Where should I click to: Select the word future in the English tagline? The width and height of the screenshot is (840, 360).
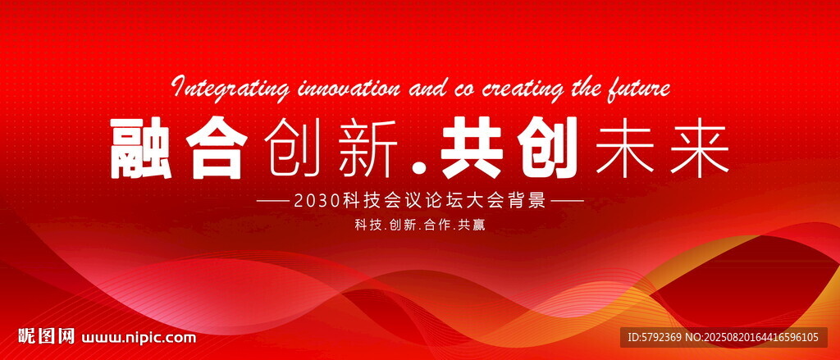pyautogui.click(x=639, y=88)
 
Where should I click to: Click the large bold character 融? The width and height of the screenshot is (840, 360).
pyautogui.click(x=141, y=148)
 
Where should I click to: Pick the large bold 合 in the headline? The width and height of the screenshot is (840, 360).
pyautogui.click(x=217, y=148)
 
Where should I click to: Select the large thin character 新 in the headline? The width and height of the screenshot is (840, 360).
pyautogui.click(x=368, y=148)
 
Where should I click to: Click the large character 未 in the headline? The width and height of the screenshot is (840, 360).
pyautogui.click(x=624, y=148)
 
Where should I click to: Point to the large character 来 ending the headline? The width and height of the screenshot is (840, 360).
pyautogui.click(x=700, y=148)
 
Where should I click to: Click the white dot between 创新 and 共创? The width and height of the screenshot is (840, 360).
pyautogui.click(x=421, y=169)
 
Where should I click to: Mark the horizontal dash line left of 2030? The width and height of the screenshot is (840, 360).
pyautogui.click(x=272, y=202)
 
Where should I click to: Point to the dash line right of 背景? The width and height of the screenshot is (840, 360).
pyautogui.click(x=568, y=202)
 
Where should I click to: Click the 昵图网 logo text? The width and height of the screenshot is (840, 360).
pyautogui.click(x=46, y=336)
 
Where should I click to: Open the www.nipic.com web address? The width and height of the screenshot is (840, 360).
pyautogui.click(x=139, y=338)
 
